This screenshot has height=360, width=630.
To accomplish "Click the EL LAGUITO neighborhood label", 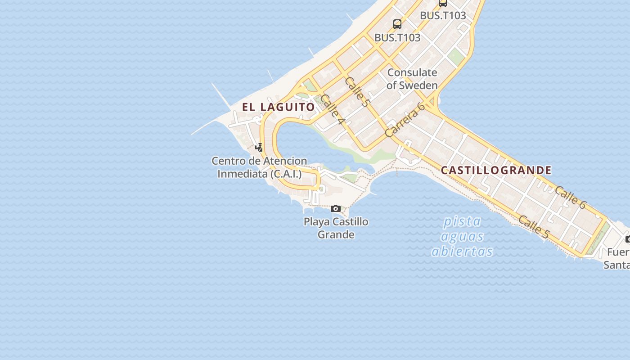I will click(279, 107).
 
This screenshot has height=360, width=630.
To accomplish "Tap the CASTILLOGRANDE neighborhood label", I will click(496, 170).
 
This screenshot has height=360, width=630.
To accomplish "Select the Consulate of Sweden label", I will click(412, 79).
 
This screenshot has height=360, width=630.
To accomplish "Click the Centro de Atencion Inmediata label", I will click(259, 167).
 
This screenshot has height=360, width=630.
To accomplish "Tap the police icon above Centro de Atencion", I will click(259, 147).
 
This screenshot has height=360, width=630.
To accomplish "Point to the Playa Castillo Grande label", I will click(336, 228).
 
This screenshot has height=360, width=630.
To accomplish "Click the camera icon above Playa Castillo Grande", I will click(336, 208).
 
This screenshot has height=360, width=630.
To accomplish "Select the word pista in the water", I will click(462, 221).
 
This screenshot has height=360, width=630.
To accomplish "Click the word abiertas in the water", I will click(462, 251).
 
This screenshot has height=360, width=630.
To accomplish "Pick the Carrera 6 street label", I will click(405, 120).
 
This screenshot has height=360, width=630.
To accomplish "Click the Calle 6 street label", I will click(570, 198).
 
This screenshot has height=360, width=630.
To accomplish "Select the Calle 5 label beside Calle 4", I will click(357, 92).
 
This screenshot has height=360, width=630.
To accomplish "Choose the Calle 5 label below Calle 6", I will click(534, 227).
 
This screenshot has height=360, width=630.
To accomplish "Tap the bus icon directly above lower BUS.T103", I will click(397, 24).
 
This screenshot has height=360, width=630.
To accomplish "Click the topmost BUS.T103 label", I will click(443, 15).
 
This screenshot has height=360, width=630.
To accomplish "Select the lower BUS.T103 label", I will click(397, 38).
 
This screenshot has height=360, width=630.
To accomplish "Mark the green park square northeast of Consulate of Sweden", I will click(455, 57).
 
